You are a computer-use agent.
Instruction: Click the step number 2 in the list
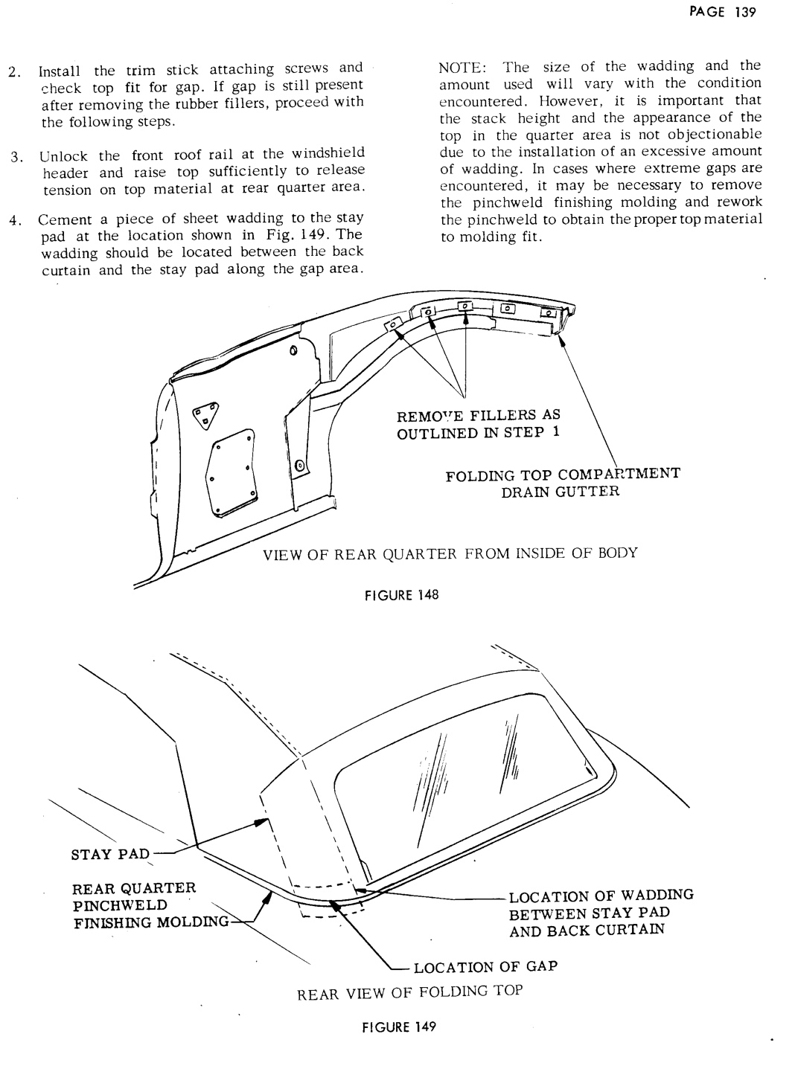pyautogui.click(x=13, y=72)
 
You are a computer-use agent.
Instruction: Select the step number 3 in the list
pyautogui.click(x=13, y=157)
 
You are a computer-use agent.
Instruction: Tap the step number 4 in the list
pyautogui.click(x=13, y=221)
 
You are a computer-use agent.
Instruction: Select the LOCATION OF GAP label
pyautogui.click(x=485, y=967)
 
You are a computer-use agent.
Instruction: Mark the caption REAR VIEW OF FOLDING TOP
pyautogui.click(x=410, y=992)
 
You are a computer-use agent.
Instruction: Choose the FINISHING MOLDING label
pyautogui.click(x=149, y=923)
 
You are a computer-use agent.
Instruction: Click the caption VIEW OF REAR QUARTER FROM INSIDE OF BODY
pyautogui.click(x=449, y=553)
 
